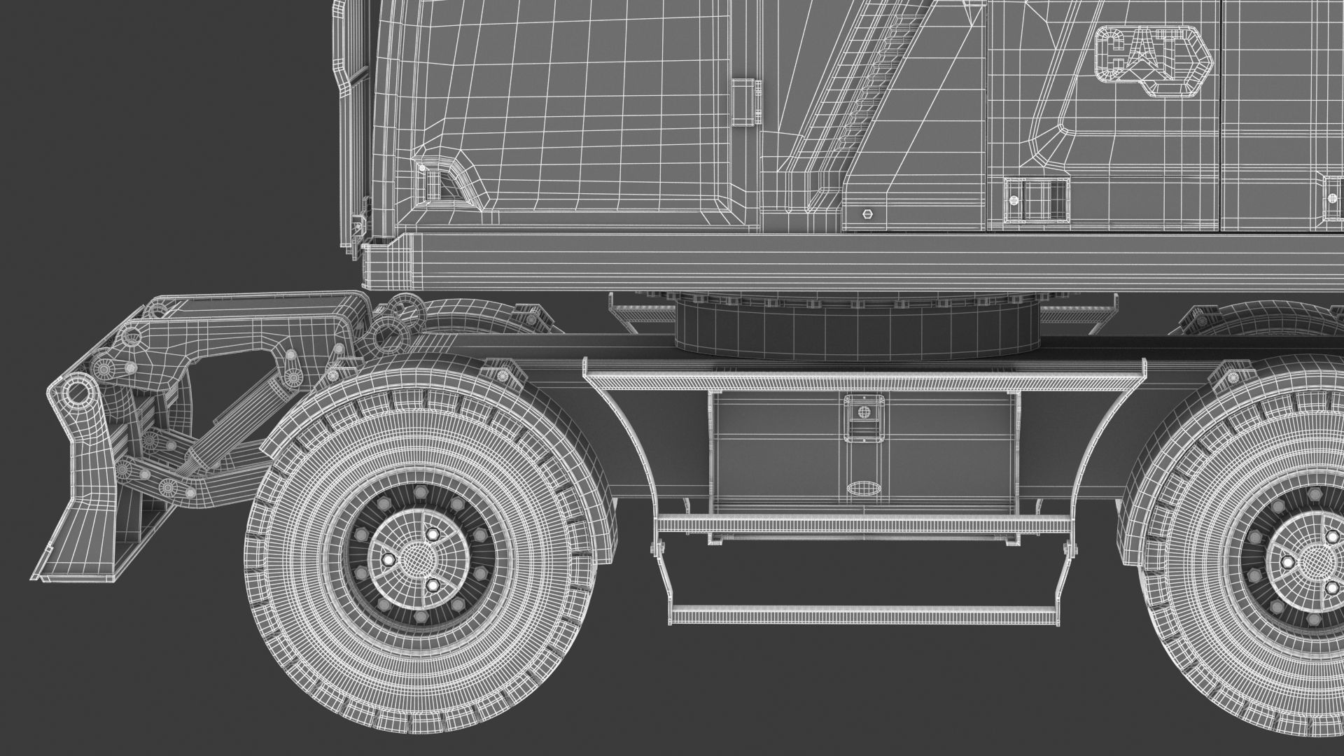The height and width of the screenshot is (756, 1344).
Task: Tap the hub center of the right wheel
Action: (x=1309, y=560)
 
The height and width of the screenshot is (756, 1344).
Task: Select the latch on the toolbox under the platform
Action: (x=862, y=419)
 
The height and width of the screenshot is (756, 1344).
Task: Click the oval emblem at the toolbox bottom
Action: (x=862, y=488)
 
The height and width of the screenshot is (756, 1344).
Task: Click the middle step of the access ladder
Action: (x=861, y=524)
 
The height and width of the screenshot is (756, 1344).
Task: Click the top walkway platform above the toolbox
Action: (x=864, y=382)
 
